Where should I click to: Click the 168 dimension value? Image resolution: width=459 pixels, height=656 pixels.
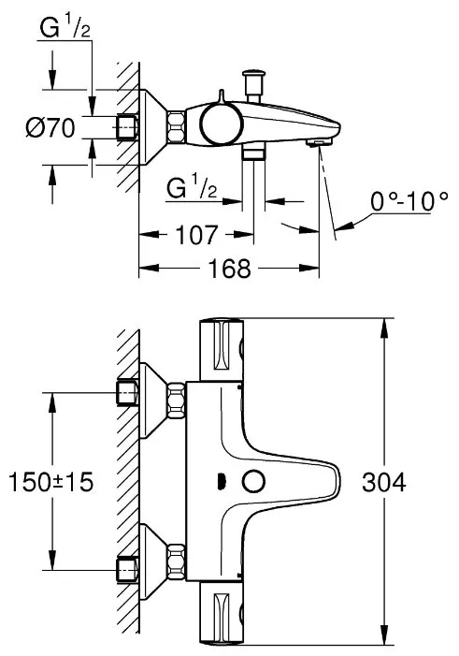(x=230, y=269)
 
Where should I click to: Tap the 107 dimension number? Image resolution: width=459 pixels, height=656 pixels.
(x=196, y=235)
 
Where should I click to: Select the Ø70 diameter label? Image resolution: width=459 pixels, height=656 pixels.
(x=50, y=127)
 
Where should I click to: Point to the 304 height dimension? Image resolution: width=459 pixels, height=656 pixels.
(x=384, y=482)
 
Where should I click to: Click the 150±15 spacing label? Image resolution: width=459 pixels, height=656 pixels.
(x=50, y=482)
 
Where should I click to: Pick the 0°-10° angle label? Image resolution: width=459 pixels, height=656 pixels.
(x=409, y=201)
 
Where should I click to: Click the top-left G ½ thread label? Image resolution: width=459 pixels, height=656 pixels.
(x=65, y=28)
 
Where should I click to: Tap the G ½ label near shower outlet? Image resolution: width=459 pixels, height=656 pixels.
(x=192, y=188)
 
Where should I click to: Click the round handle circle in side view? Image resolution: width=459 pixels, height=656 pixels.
(x=222, y=123)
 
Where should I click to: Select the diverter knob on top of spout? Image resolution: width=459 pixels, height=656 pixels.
(x=253, y=85)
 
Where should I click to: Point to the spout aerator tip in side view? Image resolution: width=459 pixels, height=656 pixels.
(x=320, y=143)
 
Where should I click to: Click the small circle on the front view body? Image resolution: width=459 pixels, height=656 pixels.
(x=254, y=481)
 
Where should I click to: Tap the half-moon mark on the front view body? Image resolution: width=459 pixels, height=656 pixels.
(x=222, y=481)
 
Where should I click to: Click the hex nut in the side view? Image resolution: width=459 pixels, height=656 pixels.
(x=176, y=126)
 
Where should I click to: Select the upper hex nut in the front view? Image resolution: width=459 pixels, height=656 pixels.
(x=176, y=401)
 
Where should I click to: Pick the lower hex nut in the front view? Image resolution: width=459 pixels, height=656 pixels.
(x=176, y=561)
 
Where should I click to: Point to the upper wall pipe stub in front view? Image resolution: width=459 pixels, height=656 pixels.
(x=127, y=393)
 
